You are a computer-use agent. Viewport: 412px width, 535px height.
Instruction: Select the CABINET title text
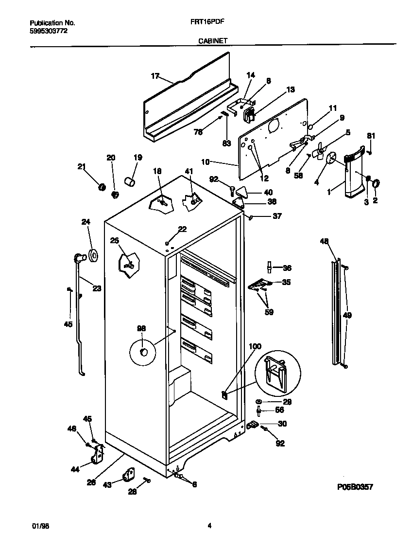point(213,42)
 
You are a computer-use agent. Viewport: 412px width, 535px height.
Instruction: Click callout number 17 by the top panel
point(155,76)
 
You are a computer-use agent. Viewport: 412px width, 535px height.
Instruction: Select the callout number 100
point(255,346)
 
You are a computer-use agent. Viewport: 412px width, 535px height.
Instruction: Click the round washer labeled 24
point(92,254)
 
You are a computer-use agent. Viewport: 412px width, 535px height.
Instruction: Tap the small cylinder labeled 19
point(130,181)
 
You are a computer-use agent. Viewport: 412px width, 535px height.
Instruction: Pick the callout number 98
point(141,329)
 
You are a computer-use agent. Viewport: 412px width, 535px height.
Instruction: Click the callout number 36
point(287,267)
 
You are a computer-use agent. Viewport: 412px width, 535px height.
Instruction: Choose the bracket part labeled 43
point(129,474)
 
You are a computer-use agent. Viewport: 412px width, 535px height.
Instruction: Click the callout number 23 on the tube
point(97,288)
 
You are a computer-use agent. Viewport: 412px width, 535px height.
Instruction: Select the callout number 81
point(371,136)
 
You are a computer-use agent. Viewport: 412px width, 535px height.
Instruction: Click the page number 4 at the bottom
point(209,525)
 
